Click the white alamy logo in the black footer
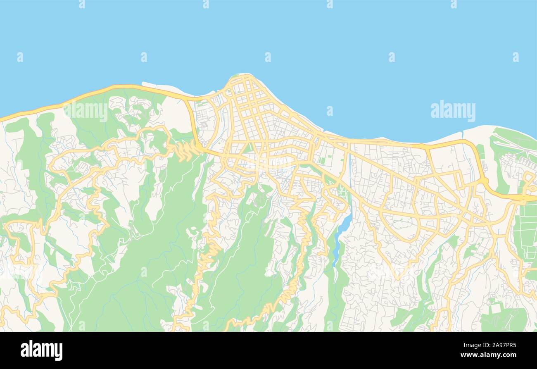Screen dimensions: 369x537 tap(41, 350)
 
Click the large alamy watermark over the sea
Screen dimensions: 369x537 tap(453, 111)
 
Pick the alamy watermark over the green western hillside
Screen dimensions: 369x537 tap(86, 111)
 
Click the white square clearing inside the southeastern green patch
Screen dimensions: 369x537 tap(496, 308)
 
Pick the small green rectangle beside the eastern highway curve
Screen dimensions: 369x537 tap(480, 151)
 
